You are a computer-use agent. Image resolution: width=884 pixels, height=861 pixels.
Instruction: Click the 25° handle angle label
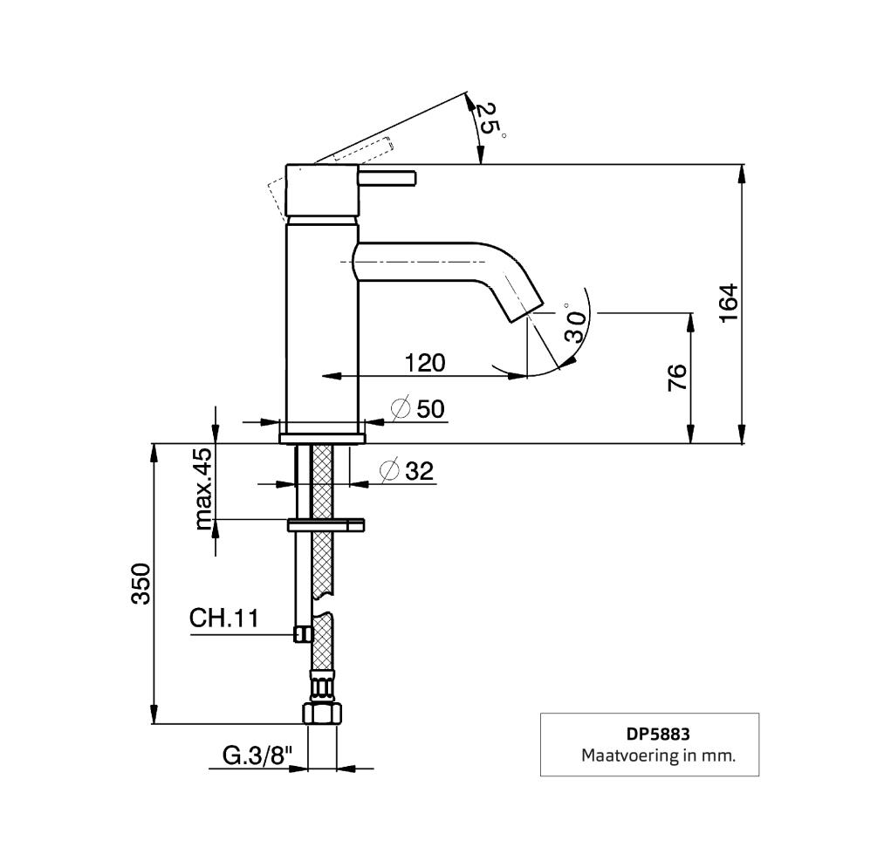click(x=489, y=120)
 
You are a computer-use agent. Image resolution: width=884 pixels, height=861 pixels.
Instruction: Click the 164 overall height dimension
click(x=730, y=303)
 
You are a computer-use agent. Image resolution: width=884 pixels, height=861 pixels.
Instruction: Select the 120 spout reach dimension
click(x=425, y=362)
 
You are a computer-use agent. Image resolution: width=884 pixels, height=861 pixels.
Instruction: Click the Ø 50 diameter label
click(x=419, y=408)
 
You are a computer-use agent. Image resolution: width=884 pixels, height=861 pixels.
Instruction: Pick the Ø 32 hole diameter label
click(x=408, y=471)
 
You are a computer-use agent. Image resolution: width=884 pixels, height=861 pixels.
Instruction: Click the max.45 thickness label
click(x=203, y=489)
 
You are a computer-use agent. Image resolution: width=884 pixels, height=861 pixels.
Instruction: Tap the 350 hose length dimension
click(x=141, y=584)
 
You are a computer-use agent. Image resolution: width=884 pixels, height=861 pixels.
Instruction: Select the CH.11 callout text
click(x=224, y=619)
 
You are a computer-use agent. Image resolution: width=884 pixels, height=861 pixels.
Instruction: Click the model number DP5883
click(x=649, y=735)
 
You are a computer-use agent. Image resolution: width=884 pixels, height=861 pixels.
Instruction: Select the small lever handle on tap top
click(x=389, y=180)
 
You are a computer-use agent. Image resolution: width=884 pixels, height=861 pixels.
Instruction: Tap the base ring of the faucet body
click(x=321, y=434)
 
